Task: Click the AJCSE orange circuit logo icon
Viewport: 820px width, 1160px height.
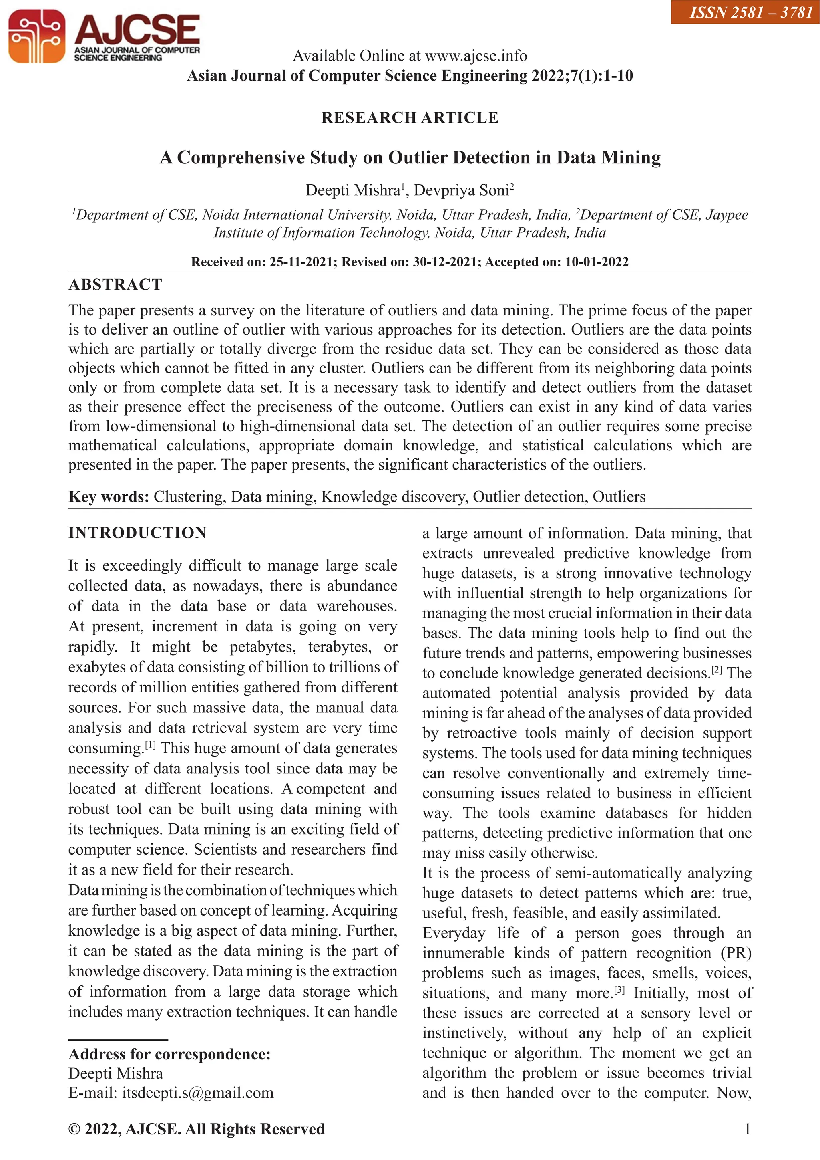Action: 36,36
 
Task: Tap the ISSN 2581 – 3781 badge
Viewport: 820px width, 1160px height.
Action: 745,12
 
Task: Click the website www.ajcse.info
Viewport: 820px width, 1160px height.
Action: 476,56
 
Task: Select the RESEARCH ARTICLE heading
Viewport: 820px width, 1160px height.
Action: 410,118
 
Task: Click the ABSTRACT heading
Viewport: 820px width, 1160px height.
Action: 115,285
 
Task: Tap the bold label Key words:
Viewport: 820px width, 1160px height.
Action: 109,496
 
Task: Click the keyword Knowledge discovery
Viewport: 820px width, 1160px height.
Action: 394,496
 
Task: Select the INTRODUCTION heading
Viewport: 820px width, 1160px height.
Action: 137,533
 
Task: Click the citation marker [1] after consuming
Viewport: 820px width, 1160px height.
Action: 151,745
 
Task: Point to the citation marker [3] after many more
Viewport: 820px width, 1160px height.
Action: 619,990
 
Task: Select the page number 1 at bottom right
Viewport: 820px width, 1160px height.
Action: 747,1129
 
